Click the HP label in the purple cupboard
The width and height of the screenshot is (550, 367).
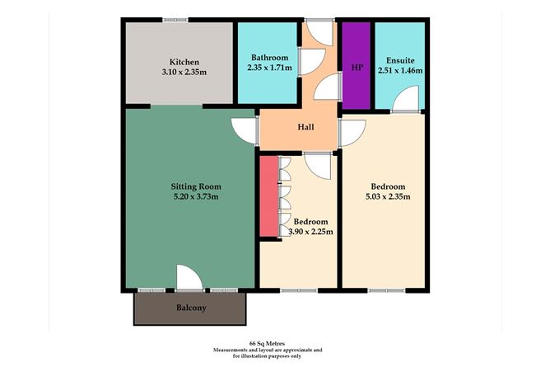tap(357, 67)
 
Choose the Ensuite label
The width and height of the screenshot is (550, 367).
tap(399, 60)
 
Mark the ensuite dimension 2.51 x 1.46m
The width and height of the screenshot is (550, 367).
tap(399, 70)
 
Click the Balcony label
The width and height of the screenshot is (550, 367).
tap(190, 308)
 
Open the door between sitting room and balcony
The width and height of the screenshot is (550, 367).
tap(189, 279)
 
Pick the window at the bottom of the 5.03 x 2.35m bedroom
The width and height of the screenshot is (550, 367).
tap(385, 290)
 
